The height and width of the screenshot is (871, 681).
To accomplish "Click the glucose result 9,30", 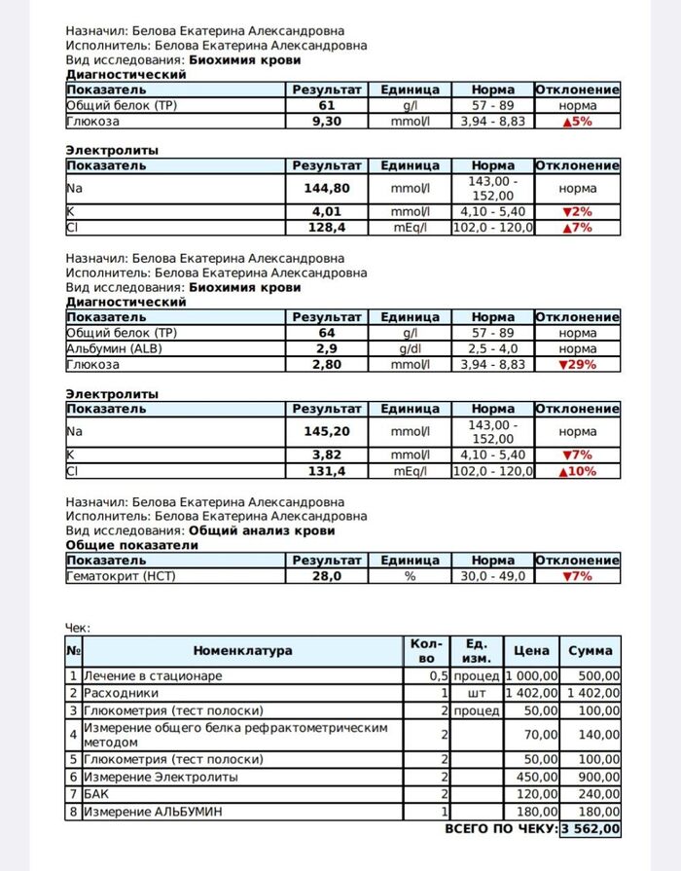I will click(x=327, y=122).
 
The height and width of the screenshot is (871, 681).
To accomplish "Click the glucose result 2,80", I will click(x=327, y=365).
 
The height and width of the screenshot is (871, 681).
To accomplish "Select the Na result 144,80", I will click(x=327, y=188).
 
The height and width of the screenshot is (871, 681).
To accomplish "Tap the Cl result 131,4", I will click(x=327, y=471).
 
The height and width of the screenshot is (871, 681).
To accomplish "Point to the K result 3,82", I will click(x=327, y=454).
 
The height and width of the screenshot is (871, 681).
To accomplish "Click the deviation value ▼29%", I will click(x=578, y=365).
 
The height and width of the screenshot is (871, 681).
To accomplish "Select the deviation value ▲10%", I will click(x=578, y=471).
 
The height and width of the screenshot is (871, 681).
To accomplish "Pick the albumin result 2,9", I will click(x=327, y=348).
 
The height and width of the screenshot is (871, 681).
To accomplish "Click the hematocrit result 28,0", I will click(x=327, y=576).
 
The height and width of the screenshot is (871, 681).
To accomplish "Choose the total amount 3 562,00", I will click(x=590, y=829).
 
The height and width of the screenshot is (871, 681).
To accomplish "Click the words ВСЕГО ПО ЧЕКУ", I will click(x=500, y=829).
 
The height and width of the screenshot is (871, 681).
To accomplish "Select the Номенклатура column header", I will click(x=242, y=651).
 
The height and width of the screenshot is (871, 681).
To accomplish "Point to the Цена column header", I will click(x=531, y=651).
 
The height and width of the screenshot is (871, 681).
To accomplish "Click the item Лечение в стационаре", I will click(x=153, y=675).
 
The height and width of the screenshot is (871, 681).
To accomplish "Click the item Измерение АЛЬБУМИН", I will click(x=160, y=811).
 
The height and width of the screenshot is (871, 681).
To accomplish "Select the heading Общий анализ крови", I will click(x=261, y=530).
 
